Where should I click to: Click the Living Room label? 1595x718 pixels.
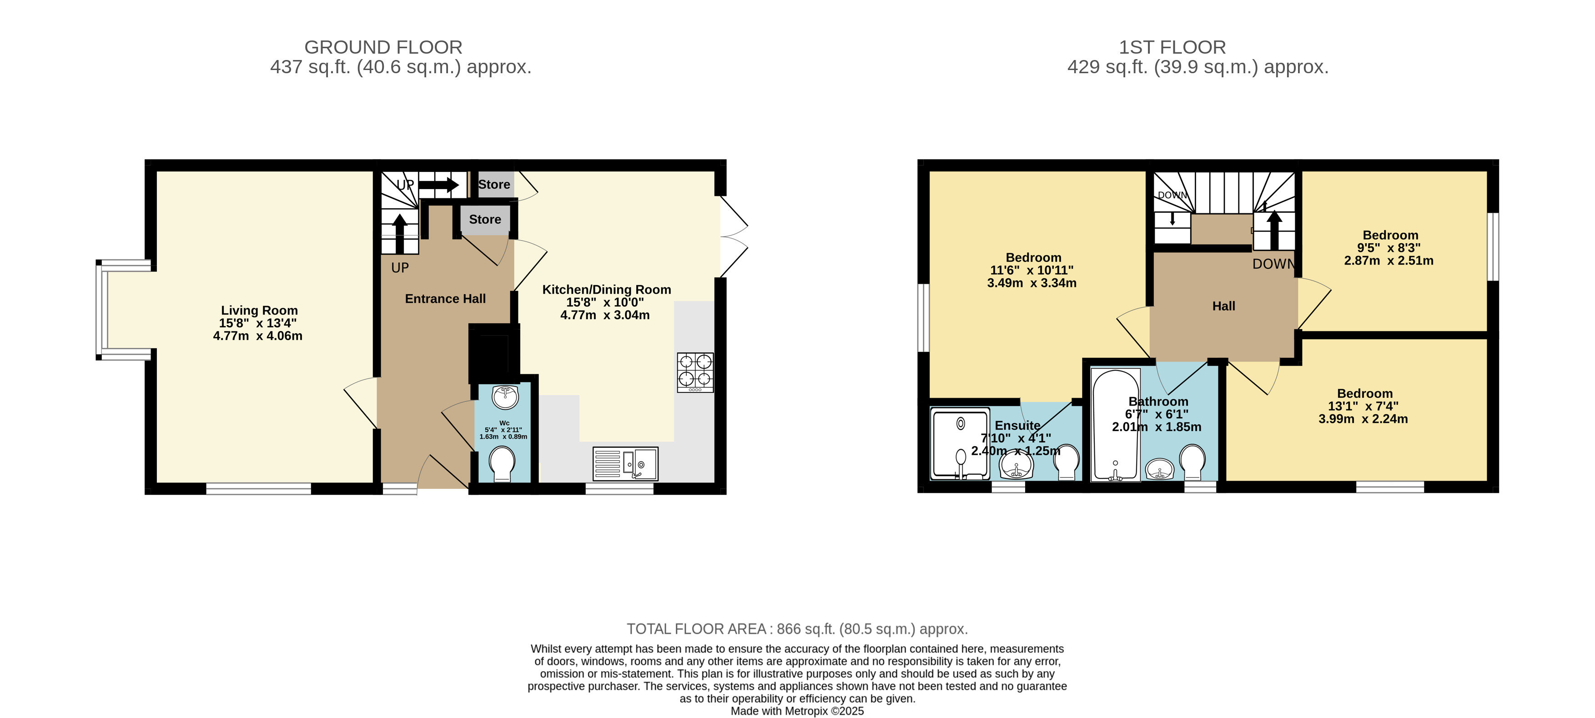click(x=259, y=311)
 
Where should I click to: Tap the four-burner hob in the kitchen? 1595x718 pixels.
click(x=695, y=372)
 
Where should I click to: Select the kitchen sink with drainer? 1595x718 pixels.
click(x=625, y=464)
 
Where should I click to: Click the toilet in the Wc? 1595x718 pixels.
click(x=502, y=464)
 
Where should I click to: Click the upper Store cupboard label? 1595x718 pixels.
click(x=494, y=185)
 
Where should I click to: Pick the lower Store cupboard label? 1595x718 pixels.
click(x=485, y=220)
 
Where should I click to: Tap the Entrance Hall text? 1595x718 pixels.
click(x=445, y=299)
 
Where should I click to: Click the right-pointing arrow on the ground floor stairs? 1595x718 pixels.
click(x=438, y=185)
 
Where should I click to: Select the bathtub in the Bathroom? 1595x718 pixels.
click(x=1116, y=425)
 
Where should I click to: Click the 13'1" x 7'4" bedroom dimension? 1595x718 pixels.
click(x=1364, y=407)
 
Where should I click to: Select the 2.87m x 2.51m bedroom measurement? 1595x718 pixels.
click(x=1389, y=261)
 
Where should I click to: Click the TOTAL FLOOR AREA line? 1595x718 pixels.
click(x=797, y=629)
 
